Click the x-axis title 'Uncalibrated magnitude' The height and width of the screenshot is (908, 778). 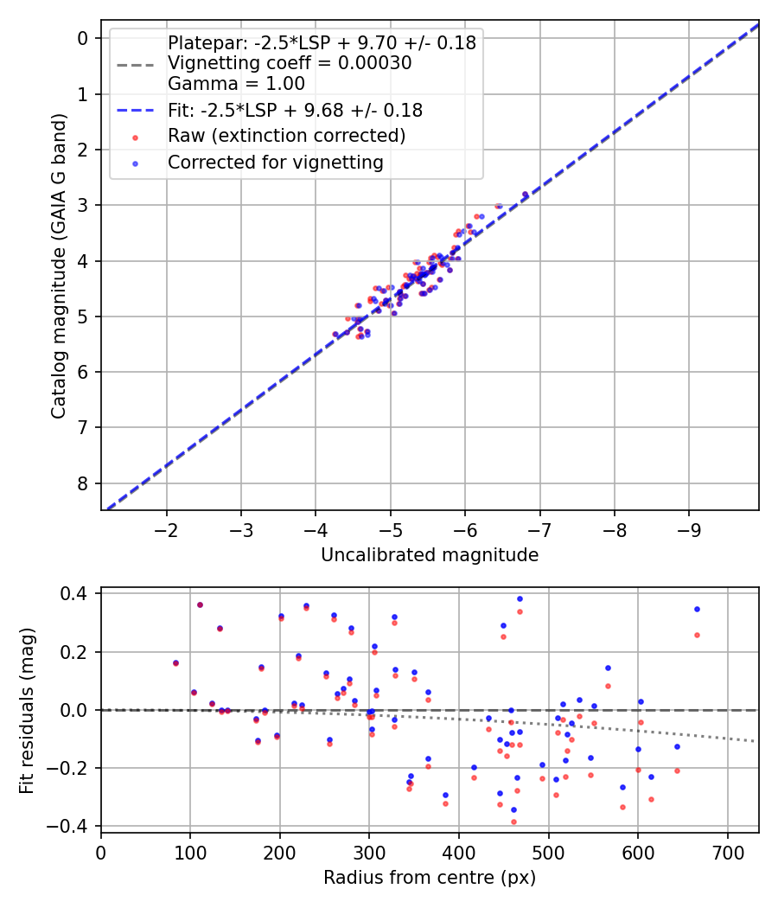[x=430, y=555]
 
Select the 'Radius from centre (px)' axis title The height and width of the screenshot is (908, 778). [x=430, y=878]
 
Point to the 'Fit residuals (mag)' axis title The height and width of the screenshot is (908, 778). [x=27, y=709]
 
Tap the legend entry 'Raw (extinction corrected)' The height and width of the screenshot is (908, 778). [x=286, y=136]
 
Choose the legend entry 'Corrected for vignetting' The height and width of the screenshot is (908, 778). [x=275, y=162]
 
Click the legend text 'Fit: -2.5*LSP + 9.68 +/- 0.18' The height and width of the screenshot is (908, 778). [x=295, y=110]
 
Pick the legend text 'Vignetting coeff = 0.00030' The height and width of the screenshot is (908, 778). [x=290, y=63]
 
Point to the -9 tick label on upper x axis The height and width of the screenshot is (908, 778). [x=689, y=528]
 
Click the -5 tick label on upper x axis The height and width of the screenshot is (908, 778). [x=391, y=528]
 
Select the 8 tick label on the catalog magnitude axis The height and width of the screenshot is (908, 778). [x=83, y=483]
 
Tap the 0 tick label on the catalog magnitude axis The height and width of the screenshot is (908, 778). [x=83, y=38]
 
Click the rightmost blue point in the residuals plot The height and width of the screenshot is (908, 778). [x=697, y=609]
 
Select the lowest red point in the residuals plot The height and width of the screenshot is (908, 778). [x=513, y=822]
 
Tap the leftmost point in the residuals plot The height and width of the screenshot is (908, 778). [x=175, y=663]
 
